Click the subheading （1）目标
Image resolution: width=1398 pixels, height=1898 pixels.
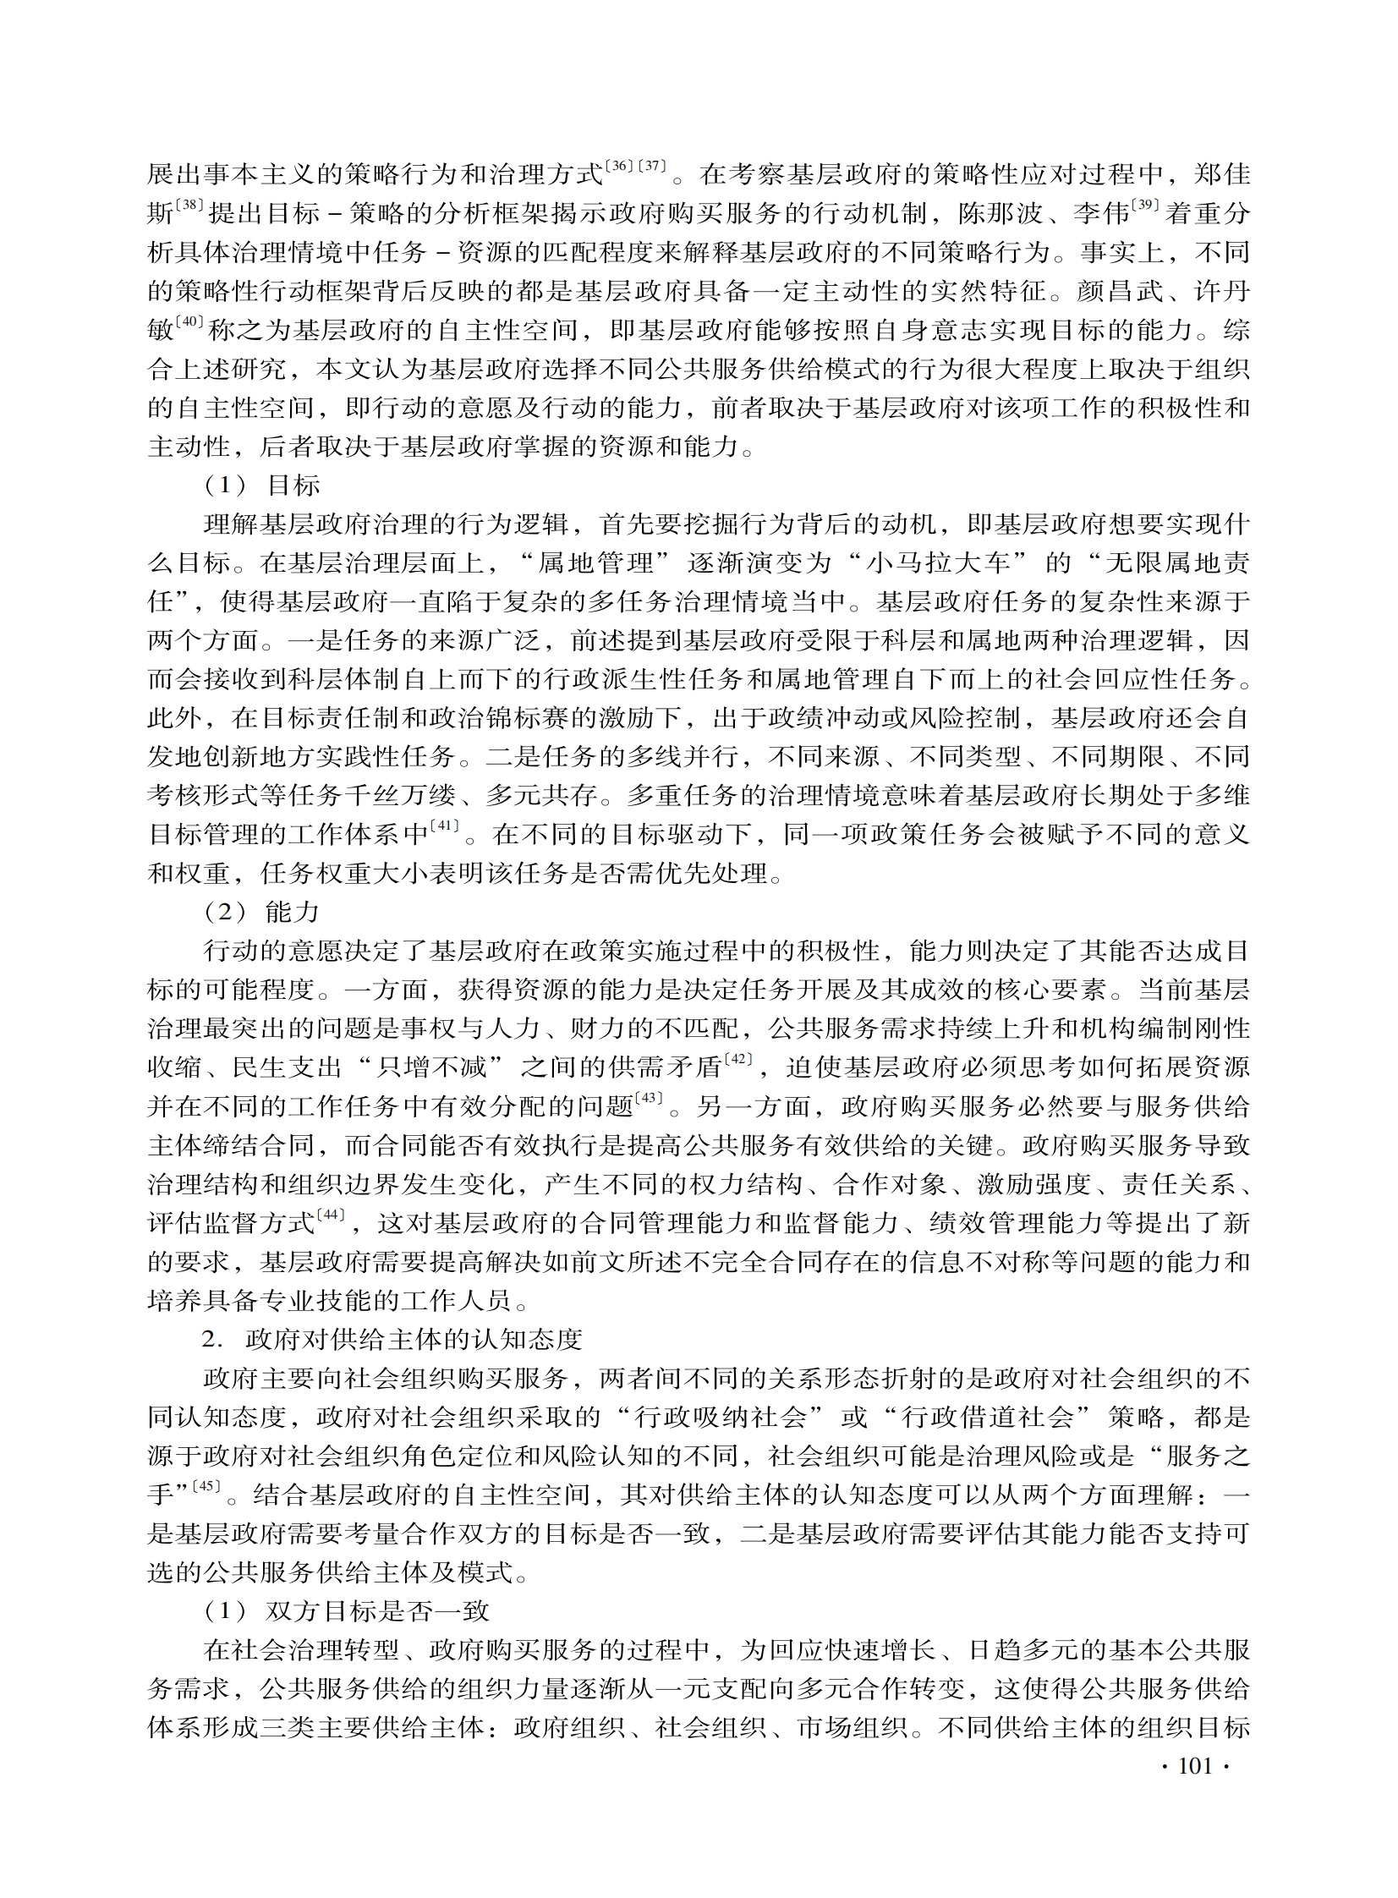(263, 485)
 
